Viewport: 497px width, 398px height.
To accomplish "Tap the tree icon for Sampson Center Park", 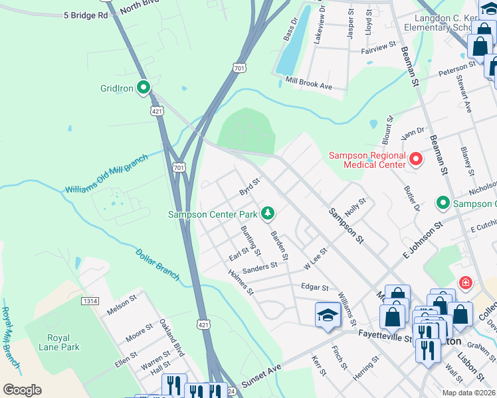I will [x=267, y=214].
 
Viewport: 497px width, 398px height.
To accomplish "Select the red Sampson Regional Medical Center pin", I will [x=417, y=159].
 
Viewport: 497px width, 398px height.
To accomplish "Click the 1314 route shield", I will [x=90, y=301].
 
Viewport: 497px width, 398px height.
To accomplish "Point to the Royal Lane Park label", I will [x=58, y=342].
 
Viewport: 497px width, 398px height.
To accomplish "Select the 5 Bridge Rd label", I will [x=86, y=15].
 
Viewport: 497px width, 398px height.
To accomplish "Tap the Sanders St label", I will [x=259, y=266].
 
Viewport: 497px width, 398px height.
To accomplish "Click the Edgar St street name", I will [x=315, y=288].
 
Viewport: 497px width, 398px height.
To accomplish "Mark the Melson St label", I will [x=122, y=308].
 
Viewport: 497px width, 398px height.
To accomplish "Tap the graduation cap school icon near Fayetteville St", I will [x=328, y=316].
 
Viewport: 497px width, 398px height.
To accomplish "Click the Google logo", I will [x=22, y=390].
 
